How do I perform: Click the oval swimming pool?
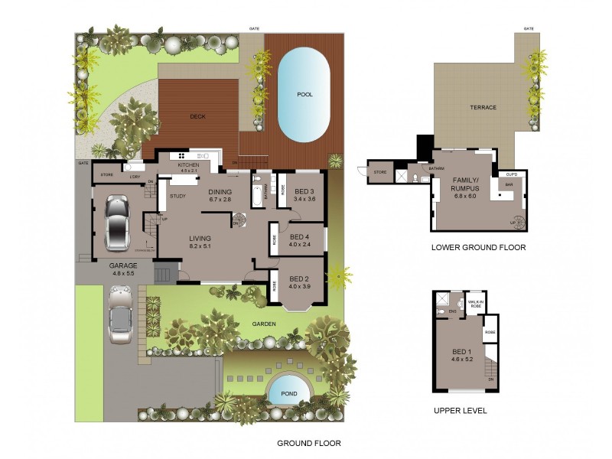304,95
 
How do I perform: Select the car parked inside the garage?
116,223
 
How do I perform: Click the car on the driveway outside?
121,314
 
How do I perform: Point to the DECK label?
199,117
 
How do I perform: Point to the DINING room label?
220,194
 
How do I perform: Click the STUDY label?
177,197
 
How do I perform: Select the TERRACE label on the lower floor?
483,107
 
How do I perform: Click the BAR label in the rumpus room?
506,185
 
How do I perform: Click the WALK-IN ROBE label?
475,304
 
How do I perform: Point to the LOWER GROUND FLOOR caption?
478,247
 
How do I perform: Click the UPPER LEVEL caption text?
460,411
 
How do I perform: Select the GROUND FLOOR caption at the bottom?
308,443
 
